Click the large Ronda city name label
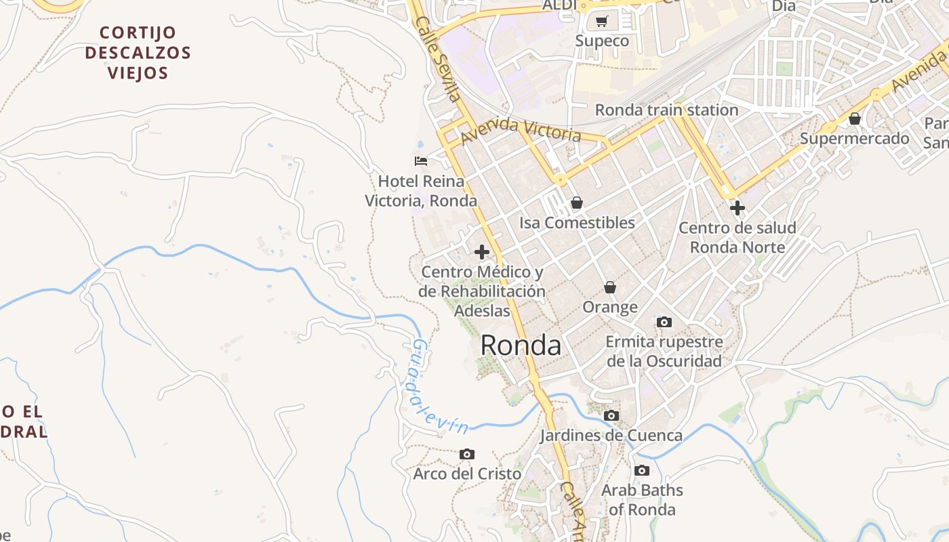click(521, 346)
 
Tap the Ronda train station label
click(666, 110)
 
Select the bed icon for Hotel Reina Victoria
click(421, 161)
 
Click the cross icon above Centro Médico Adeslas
click(482, 253)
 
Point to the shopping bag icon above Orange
click(610, 287)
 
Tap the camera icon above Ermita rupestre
click(664, 322)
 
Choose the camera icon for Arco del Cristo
click(467, 454)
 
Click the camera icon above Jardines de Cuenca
click(611, 415)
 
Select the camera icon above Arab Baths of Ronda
click(642, 470)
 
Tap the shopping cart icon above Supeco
click(602, 22)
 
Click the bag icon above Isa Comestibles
click(577, 203)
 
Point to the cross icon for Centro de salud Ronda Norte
click(738, 208)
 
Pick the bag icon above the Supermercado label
click(855, 119)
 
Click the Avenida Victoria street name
click(521, 129)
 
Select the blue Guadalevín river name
click(437, 389)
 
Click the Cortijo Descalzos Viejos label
click(138, 52)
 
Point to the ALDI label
click(559, 5)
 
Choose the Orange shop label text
click(610, 308)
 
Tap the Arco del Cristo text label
click(467, 474)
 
